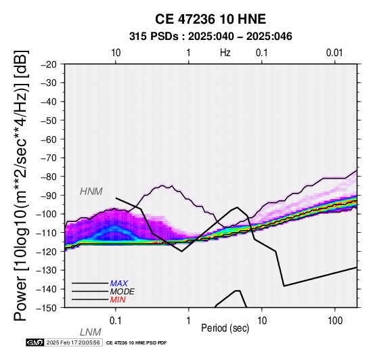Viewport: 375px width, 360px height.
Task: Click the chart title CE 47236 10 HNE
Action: [x=211, y=19]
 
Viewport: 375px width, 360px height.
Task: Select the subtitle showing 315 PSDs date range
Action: [x=211, y=37]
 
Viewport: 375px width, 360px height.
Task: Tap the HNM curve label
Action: [x=91, y=192]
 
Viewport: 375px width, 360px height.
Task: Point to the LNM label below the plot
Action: [x=91, y=332]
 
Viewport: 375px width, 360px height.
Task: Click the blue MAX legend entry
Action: [x=119, y=284]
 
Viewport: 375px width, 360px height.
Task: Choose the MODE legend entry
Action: [x=123, y=292]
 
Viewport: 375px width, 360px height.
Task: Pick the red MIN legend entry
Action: [x=118, y=300]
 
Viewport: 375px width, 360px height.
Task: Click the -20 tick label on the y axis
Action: [x=49, y=64]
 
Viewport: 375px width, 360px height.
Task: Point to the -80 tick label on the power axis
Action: [x=49, y=177]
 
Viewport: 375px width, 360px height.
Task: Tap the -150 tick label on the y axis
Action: [x=47, y=308]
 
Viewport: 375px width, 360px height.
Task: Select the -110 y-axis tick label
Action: [x=47, y=233]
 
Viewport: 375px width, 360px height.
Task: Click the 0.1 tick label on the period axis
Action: [x=116, y=321]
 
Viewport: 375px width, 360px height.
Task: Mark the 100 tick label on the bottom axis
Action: [x=335, y=321]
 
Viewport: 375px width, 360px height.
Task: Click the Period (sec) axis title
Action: [x=225, y=328]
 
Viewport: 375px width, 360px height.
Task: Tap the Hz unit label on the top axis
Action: [x=225, y=53]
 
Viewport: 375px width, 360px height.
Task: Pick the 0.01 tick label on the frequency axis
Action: [x=334, y=53]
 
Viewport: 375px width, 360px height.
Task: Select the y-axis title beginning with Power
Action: [x=21, y=185]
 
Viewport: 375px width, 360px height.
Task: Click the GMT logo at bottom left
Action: [x=35, y=342]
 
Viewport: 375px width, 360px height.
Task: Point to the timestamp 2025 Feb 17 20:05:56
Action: [x=73, y=342]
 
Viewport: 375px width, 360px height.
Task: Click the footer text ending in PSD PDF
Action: [x=136, y=343]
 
